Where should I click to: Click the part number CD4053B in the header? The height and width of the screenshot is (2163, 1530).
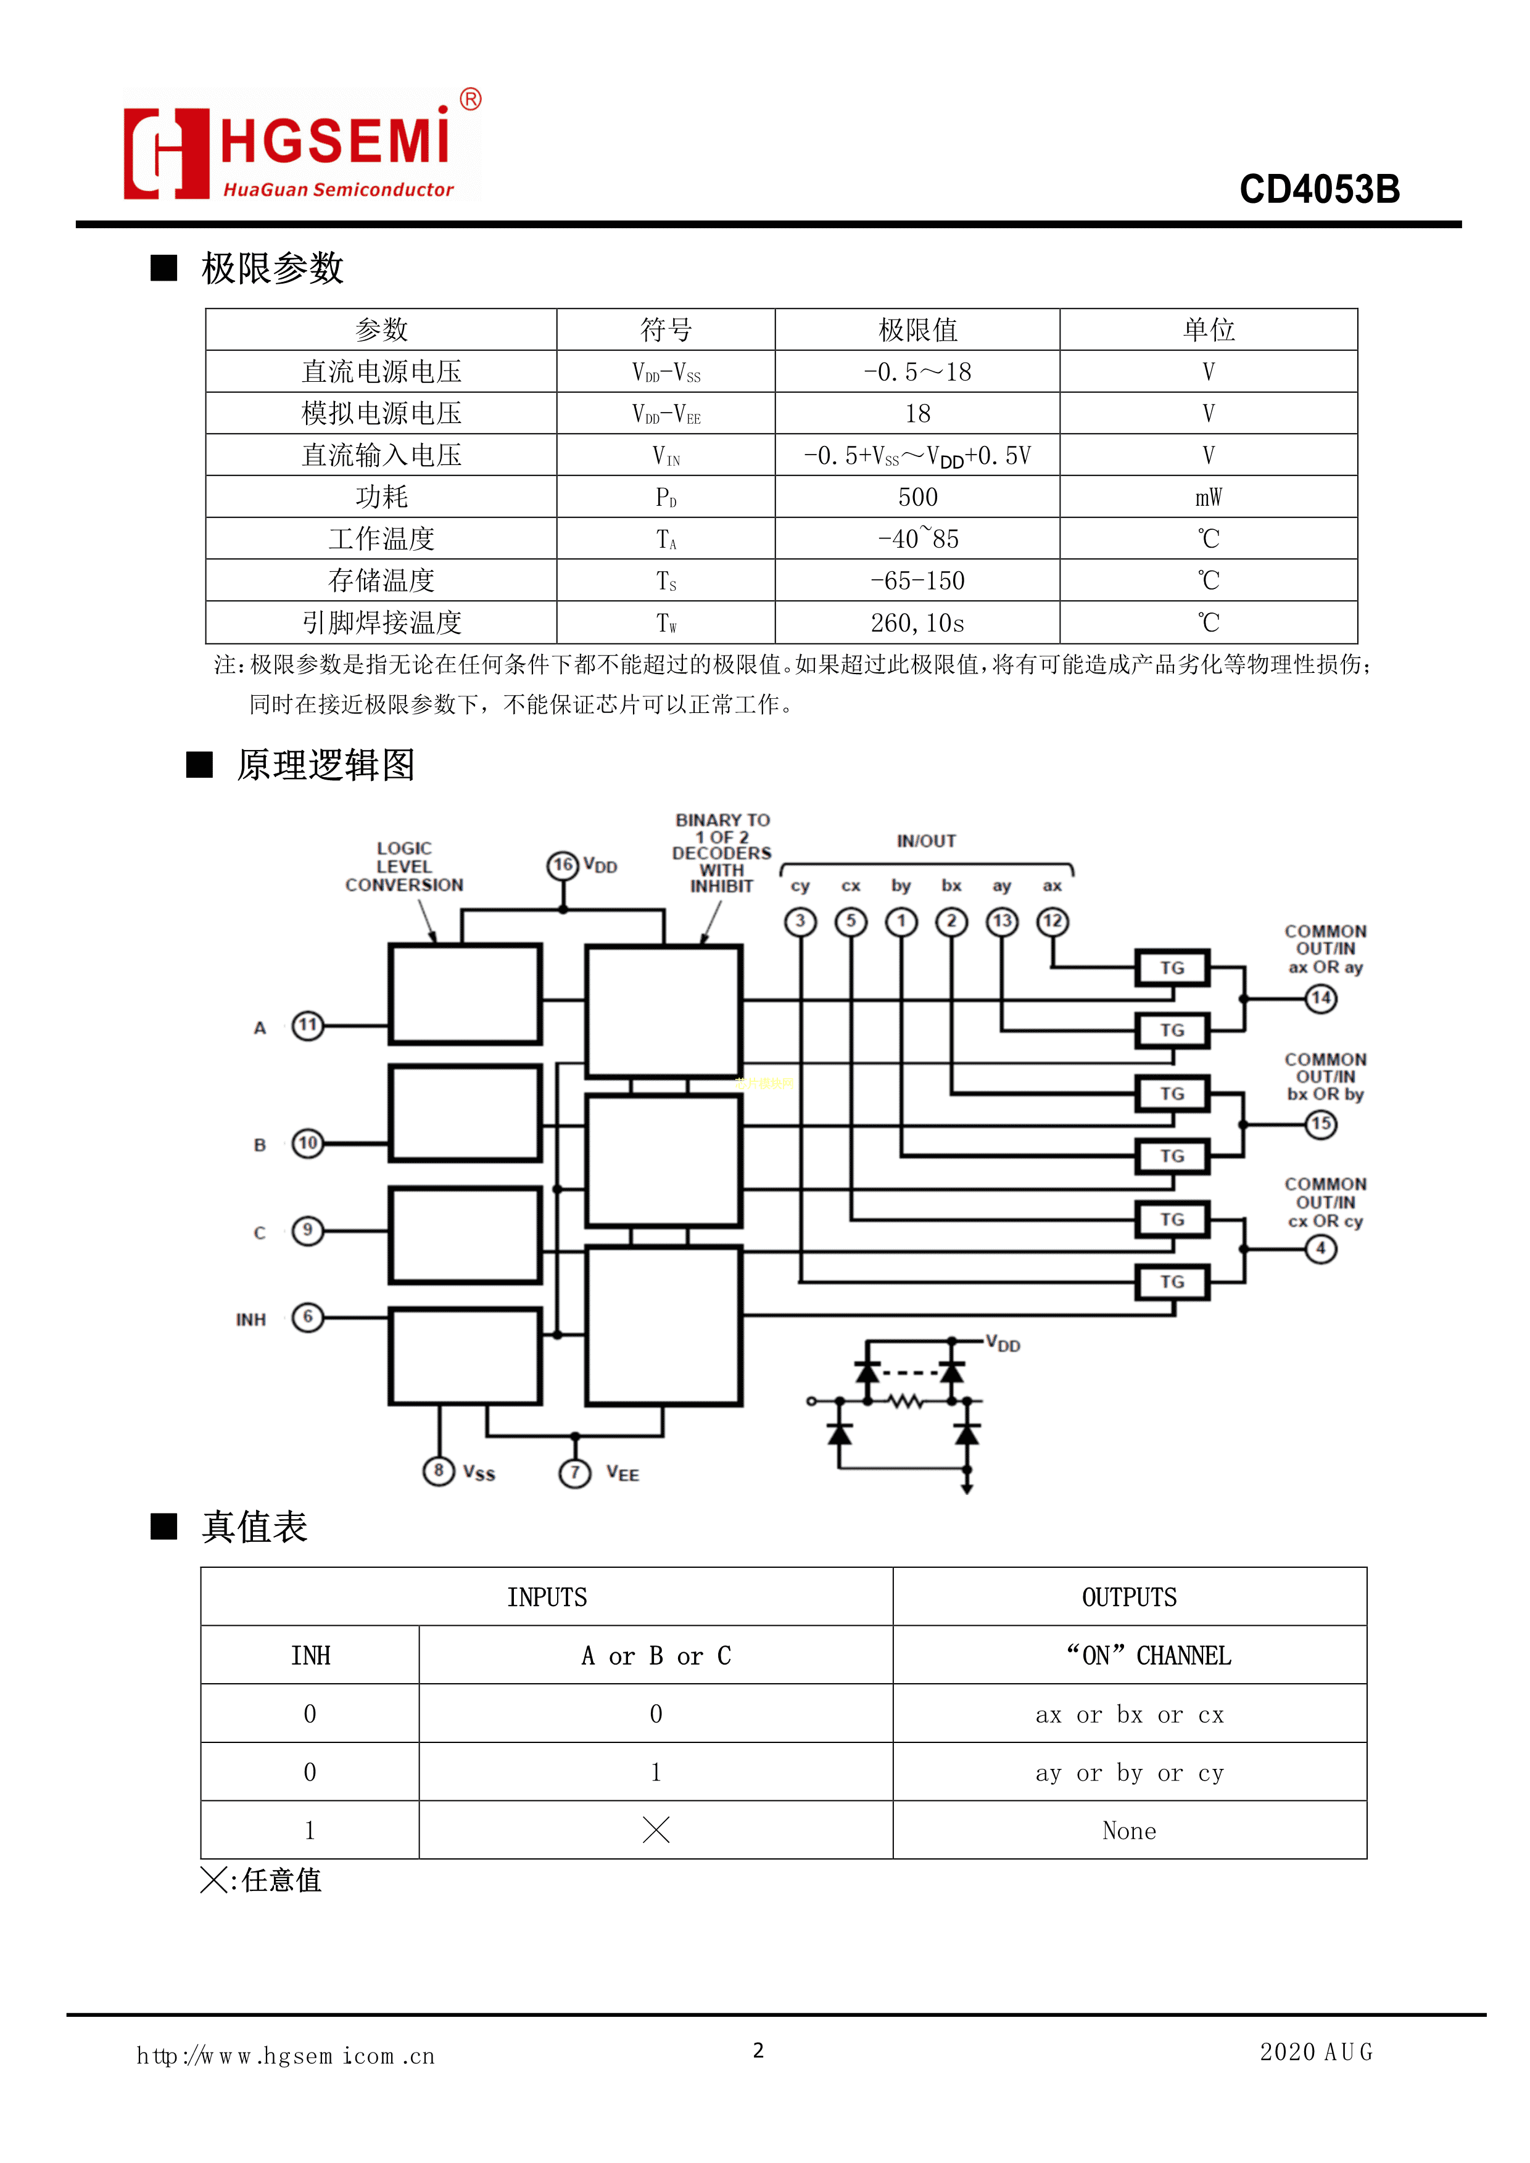coord(1319,189)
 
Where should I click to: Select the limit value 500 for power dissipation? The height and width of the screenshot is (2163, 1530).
coord(917,496)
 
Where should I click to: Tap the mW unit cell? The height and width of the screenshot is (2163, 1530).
coord(1208,496)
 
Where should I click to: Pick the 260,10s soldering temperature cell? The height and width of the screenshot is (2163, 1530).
coord(917,623)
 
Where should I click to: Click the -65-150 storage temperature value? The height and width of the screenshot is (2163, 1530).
coord(917,580)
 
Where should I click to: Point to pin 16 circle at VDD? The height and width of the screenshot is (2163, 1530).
coord(563,865)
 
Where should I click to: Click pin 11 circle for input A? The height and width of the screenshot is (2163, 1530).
coord(307,1025)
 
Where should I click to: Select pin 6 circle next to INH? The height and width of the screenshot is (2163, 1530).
coord(307,1316)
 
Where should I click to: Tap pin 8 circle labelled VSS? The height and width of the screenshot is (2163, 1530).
coord(438,1470)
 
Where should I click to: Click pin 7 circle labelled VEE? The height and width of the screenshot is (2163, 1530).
coord(575,1472)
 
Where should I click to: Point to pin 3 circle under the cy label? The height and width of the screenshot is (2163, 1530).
coord(800,921)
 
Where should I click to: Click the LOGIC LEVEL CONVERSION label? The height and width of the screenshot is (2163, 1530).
coord(404,867)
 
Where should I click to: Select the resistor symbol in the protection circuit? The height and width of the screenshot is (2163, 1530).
coord(906,1402)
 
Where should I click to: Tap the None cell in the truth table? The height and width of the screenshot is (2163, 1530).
coord(1128,1831)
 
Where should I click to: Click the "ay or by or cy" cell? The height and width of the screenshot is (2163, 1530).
coord(1128,1773)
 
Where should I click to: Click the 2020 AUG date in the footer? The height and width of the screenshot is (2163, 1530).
coord(1316,2052)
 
